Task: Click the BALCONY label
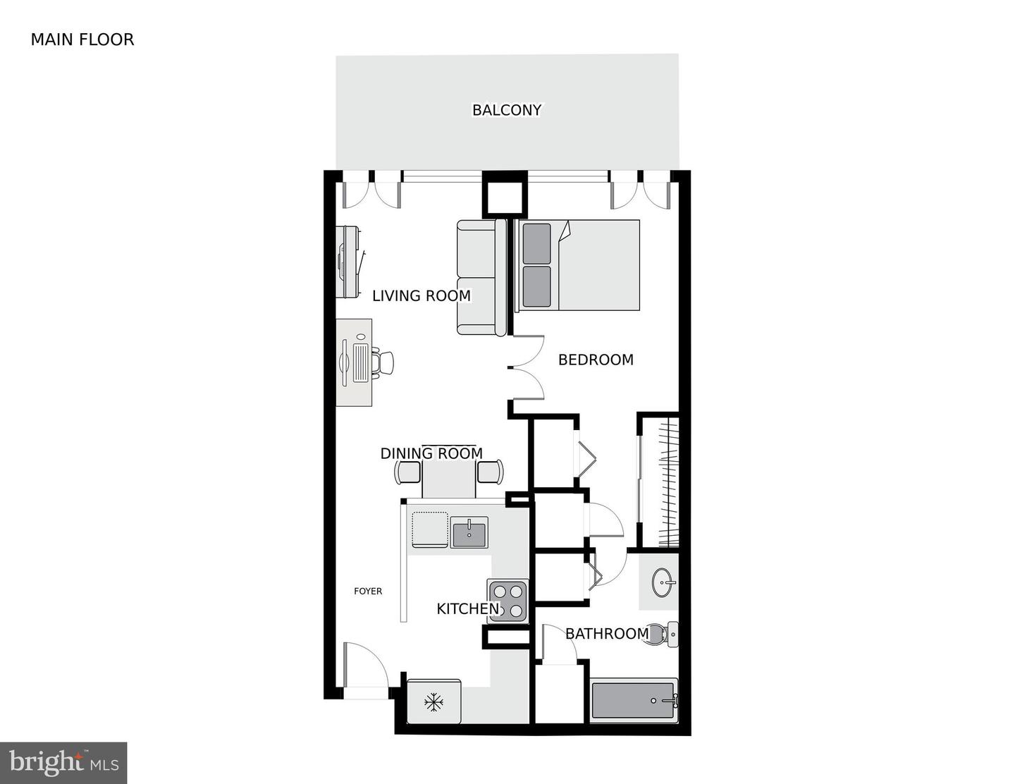tap(507, 110)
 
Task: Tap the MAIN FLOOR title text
tap(82, 39)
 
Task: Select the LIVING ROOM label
tap(421, 296)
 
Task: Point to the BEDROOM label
tap(596, 360)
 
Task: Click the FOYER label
tap(368, 592)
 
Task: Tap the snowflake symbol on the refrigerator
tap(433, 702)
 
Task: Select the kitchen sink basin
tap(469, 532)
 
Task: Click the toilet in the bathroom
tap(663, 634)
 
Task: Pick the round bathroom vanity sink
tap(663, 582)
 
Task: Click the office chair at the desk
tap(383, 362)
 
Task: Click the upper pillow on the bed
tap(536, 243)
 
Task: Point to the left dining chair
tap(408, 472)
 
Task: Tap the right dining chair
tap(491, 471)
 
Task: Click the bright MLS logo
tap(63, 763)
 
